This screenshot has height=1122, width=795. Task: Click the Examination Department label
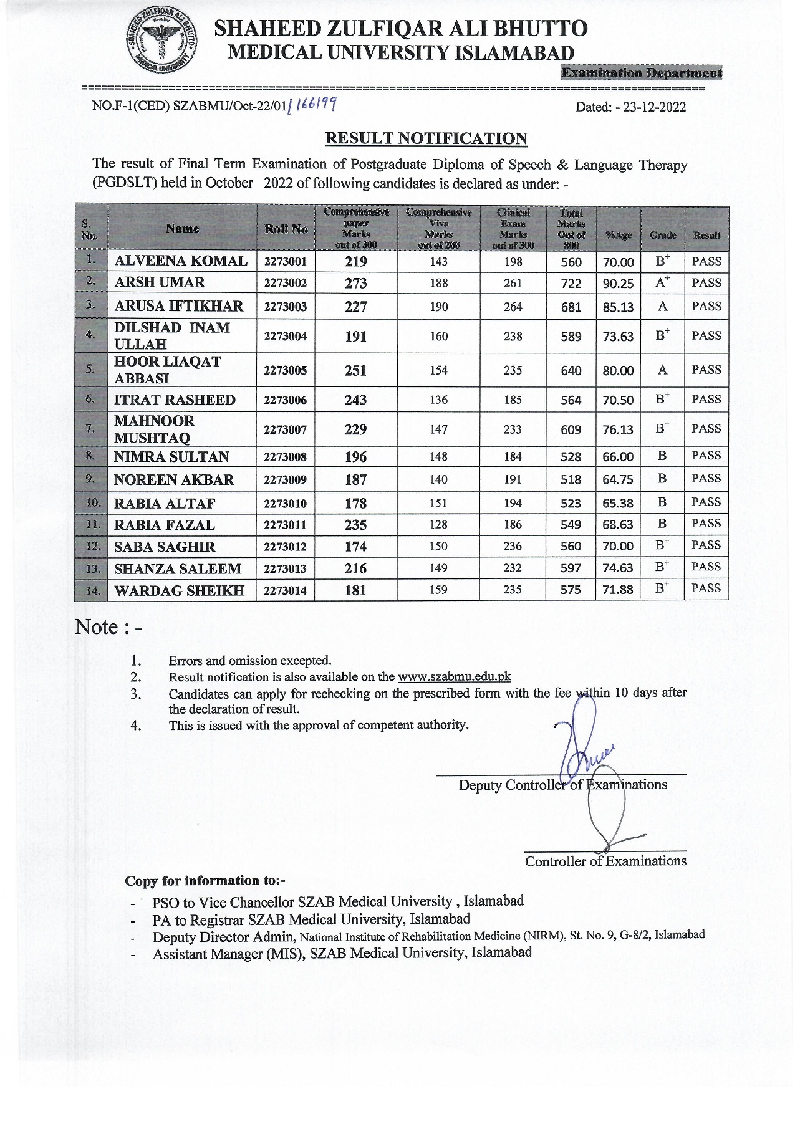tap(642, 73)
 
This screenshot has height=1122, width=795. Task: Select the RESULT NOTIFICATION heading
tap(426, 138)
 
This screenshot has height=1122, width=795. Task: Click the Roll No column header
tap(286, 229)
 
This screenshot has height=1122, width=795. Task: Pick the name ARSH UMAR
tap(160, 282)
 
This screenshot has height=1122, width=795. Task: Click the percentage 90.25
tap(618, 284)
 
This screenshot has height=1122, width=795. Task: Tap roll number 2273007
tap(286, 429)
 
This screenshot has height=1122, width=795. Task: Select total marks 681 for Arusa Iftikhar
tap(571, 307)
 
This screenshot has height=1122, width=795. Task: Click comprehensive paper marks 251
tap(355, 370)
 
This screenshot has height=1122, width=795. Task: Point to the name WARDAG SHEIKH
tap(179, 590)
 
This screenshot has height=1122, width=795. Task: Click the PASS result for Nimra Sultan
tap(706, 456)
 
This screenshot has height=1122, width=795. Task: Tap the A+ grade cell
tap(662, 282)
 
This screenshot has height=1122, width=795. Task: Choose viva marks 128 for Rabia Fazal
tap(438, 525)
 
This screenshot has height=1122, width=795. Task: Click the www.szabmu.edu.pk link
tap(455, 677)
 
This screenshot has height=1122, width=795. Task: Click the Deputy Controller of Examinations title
tap(562, 785)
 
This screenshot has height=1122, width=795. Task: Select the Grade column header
tap(662, 235)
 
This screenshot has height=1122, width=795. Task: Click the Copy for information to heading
tap(205, 881)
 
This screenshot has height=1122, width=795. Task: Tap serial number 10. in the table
tap(91, 502)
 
